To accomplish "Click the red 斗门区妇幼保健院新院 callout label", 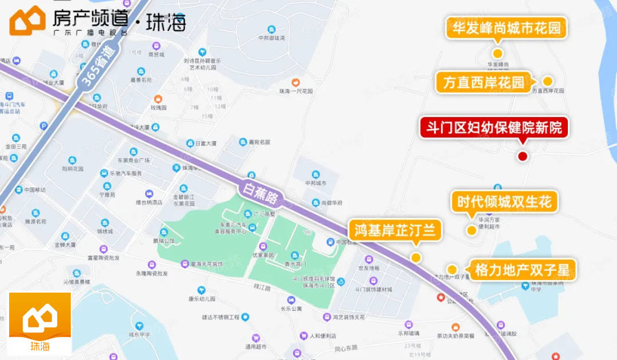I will tap(494, 127).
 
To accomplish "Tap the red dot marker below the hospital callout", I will tap(522, 156).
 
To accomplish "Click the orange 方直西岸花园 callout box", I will tap(483, 82).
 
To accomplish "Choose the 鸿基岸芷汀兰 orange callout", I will tap(395, 230).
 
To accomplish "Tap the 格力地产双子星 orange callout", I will tap(522, 270).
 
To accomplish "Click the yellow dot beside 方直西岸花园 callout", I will tap(547, 81).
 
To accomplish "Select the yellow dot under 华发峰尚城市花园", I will tap(497, 53).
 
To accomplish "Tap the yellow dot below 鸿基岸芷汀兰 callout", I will tap(416, 257).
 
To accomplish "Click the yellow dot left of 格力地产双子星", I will tap(452, 269).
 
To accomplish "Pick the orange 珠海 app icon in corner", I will tap(40, 323).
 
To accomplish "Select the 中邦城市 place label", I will tap(315, 183).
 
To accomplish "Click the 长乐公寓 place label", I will tap(291, 309).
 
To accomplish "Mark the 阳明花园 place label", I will tap(73, 169).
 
